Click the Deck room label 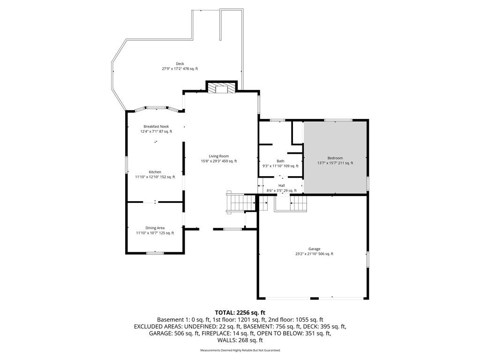pos(180,64)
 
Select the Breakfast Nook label pos(156,127)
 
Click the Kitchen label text pos(155,172)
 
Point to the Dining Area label pos(155,228)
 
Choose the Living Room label pos(219,156)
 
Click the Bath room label pos(280,161)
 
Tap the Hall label pos(282,186)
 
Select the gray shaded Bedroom pos(335,157)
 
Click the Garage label pos(315,249)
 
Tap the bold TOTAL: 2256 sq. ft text pos(240,313)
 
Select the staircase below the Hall pos(298,202)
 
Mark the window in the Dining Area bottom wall pos(155,253)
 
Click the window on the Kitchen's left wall pos(126,165)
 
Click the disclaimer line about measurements pos(240,350)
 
